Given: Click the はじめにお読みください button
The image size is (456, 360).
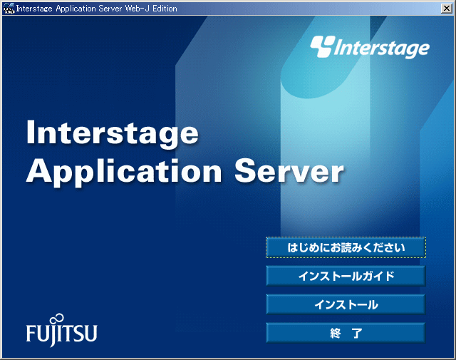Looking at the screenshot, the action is tap(346, 247).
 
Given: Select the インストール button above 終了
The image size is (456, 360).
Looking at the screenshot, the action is tap(346, 304).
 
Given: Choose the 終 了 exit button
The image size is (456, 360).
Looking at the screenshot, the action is tap(346, 333).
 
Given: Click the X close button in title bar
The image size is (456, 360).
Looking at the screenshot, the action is tap(447, 9).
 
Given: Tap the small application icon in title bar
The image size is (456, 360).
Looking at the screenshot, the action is tap(9, 9).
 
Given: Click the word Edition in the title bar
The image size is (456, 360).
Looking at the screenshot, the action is tap(165, 9).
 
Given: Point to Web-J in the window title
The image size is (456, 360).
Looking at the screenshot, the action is tap(138, 9).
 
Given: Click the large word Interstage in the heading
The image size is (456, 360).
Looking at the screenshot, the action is tap(113, 133).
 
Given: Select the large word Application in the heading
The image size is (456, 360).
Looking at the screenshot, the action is tap(124, 172).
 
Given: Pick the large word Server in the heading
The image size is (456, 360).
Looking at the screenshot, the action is tap(289, 171).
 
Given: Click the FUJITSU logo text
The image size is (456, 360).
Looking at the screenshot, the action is tap(62, 333).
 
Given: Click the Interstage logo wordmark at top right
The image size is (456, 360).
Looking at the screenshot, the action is tap(381, 48).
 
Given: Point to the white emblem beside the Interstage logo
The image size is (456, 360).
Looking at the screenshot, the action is tap(322, 46).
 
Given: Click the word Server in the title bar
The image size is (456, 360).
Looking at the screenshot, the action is tap(110, 9).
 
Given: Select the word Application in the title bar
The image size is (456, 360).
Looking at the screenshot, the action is tap(76, 9).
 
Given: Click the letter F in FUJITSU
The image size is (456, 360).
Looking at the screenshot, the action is tap(31, 334).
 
